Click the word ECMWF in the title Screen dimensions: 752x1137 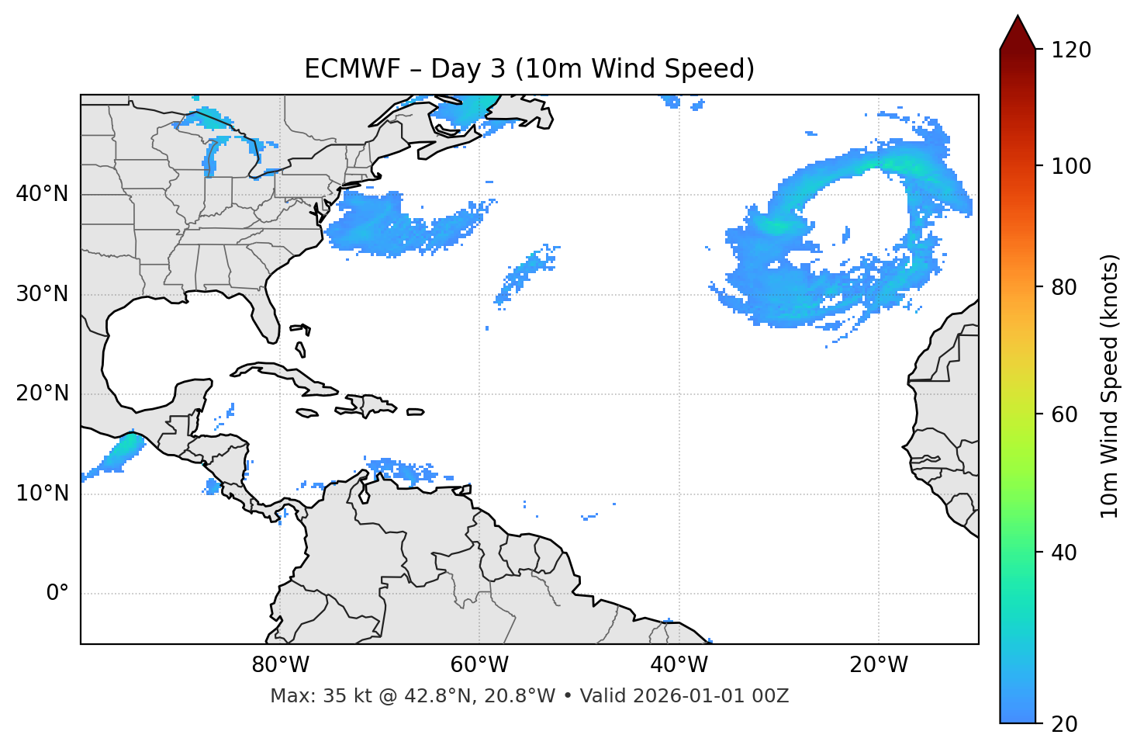(340, 69)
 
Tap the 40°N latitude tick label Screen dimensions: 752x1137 (42, 194)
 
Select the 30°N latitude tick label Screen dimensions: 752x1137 (42, 294)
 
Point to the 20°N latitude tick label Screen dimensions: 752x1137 (42, 393)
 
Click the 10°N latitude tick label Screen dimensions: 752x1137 (42, 494)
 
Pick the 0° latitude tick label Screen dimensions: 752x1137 (57, 594)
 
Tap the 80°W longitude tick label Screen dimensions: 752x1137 (280, 665)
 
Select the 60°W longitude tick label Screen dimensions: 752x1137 (479, 665)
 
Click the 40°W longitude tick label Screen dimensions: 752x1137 (679, 665)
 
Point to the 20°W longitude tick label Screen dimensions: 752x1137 (879, 665)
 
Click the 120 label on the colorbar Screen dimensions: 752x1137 (1071, 50)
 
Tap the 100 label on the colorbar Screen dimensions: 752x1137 (1071, 166)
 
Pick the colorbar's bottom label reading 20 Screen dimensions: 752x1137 (1066, 724)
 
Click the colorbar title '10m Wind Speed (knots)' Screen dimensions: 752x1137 (1110, 386)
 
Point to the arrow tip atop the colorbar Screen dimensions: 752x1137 (1018, 17)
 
